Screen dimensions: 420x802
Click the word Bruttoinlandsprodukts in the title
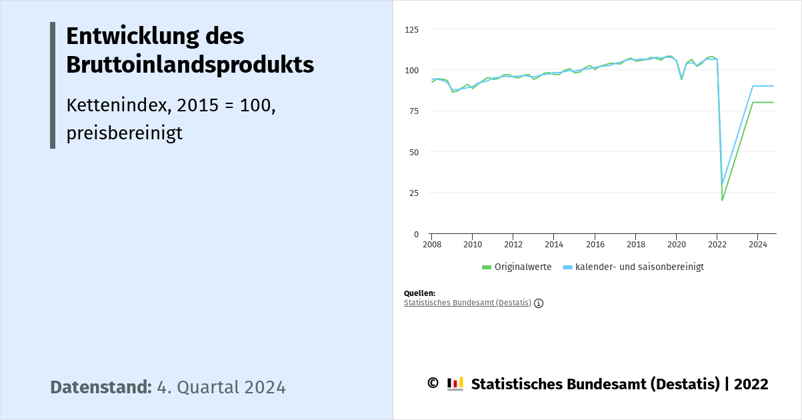[190, 65]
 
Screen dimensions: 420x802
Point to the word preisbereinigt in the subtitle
[124, 133]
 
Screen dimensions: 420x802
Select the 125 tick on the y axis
[412, 30]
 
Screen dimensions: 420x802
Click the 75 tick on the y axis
[414, 111]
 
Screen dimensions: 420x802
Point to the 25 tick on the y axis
[414, 193]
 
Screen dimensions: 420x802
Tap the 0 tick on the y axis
[416, 234]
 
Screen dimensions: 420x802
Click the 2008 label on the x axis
[431, 245]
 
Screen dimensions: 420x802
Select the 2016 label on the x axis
[595, 245]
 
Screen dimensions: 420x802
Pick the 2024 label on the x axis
[757, 245]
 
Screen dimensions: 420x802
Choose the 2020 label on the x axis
[676, 245]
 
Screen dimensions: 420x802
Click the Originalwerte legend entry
[522, 267]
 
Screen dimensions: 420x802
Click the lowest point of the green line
[722, 200]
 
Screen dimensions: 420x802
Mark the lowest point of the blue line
[722, 184]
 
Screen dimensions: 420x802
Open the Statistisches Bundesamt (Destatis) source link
[467, 303]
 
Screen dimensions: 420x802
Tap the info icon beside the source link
[539, 303]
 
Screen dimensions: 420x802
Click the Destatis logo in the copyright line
[455, 384]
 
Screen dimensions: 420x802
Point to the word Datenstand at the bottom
[101, 387]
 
